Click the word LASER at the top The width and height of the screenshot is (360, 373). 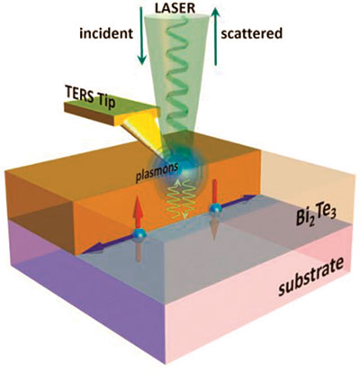(x=175, y=8)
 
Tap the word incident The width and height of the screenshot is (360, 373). (x=106, y=33)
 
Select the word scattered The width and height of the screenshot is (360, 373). (x=251, y=33)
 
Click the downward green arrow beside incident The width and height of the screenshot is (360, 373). (x=141, y=35)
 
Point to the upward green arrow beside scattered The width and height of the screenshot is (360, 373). (x=216, y=36)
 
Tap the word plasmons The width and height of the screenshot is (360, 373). (x=157, y=173)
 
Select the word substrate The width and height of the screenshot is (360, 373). (x=310, y=277)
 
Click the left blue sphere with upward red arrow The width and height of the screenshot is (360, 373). (x=139, y=234)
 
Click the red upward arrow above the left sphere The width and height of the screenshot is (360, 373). (x=138, y=213)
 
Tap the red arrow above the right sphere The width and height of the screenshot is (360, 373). (x=215, y=192)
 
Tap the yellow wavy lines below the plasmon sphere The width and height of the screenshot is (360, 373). (x=178, y=200)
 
